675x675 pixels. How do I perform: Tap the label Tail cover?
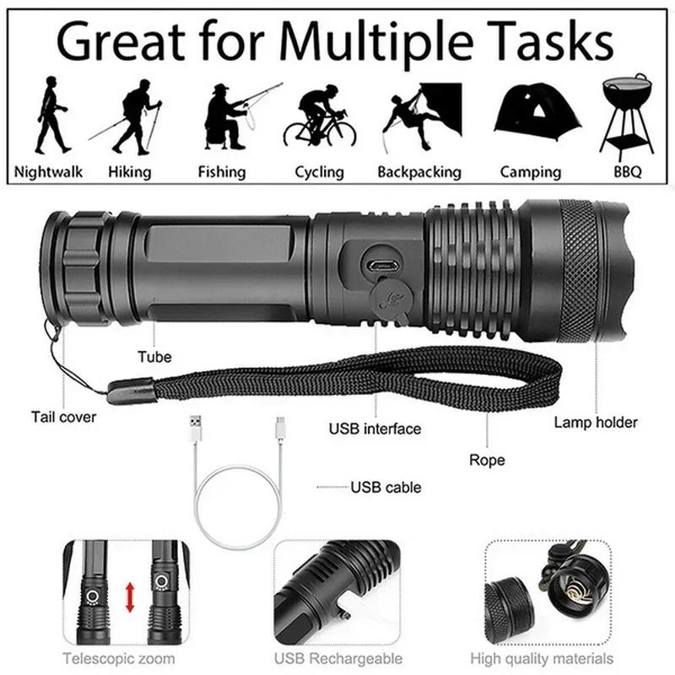click(64, 416)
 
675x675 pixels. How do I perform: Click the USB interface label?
click(375, 429)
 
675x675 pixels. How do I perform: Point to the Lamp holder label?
click(596, 422)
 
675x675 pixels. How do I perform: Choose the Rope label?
click(487, 460)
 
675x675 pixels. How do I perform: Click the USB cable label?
click(386, 487)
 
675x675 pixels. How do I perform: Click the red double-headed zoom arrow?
click(130, 597)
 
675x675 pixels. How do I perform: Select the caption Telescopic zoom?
click(119, 658)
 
